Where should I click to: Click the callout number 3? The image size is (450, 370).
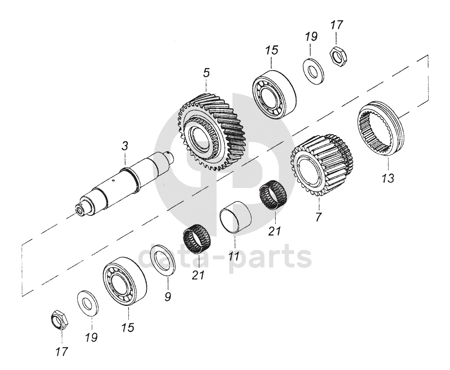(125, 146)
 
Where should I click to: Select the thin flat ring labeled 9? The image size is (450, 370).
(163, 261)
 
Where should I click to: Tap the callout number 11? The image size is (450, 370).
(235, 255)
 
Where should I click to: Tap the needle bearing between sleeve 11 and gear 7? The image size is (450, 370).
(273, 196)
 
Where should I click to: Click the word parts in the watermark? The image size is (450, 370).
(270, 258)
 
